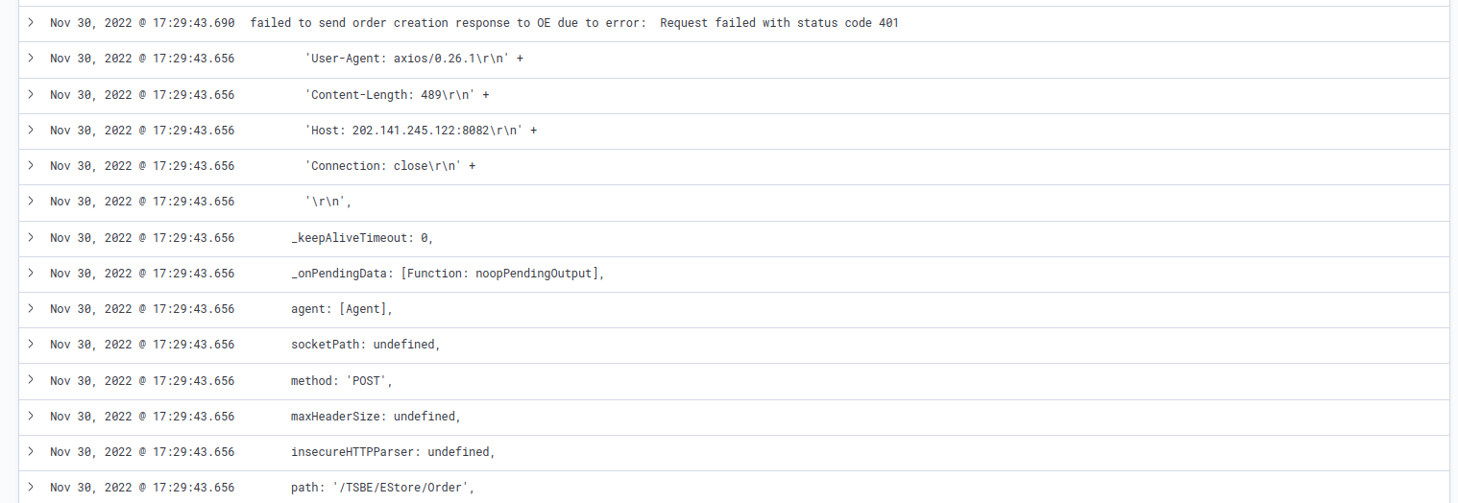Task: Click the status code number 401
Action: point(888,23)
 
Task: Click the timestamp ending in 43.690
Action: point(142,23)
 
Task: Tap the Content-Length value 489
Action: point(431,95)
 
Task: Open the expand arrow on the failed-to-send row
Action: point(31,22)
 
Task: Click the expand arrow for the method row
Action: point(31,380)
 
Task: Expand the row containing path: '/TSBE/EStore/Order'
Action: point(31,487)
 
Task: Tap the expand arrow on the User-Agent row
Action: point(31,58)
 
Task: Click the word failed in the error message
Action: point(271,23)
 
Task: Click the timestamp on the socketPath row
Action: point(142,345)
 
